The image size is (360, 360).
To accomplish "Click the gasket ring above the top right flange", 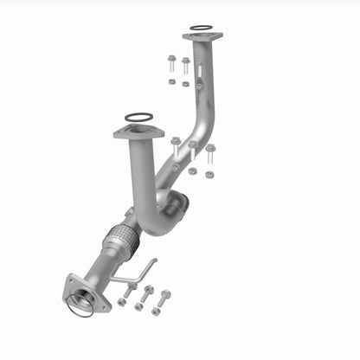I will tap(200, 28).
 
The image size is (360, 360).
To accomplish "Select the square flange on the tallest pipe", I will tap(202, 37).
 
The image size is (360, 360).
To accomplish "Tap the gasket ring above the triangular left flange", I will tap(138, 117).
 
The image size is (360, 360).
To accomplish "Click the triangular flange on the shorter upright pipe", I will tap(138, 132).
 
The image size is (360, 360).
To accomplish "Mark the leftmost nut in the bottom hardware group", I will tap(120, 302).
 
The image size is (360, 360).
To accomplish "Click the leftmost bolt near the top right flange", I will tap(170, 63).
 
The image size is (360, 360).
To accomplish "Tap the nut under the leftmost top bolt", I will tap(171, 81).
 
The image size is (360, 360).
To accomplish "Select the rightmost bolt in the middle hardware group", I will tap(209, 154).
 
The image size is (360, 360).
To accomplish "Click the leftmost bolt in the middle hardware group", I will tap(176, 145).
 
